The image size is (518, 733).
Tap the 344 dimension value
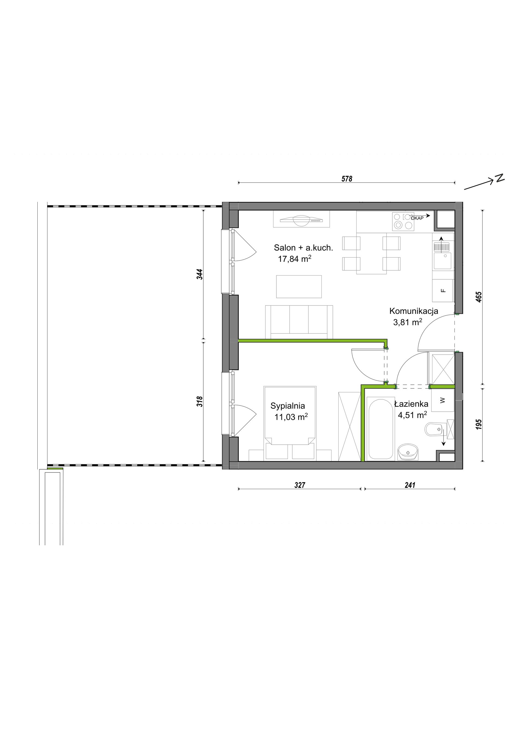(200, 274)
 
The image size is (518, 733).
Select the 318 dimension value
(200, 401)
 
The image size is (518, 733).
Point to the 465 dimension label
(478, 297)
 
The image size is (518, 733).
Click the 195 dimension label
(478, 424)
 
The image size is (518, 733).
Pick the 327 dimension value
(300, 485)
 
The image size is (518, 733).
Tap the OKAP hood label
(417, 218)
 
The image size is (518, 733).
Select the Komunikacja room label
(414, 311)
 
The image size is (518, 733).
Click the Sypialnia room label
(288, 406)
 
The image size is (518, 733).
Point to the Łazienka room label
(411, 404)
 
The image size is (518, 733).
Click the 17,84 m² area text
(294, 259)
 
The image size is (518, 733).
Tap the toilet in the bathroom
(435, 430)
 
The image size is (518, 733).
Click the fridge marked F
(443, 290)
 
